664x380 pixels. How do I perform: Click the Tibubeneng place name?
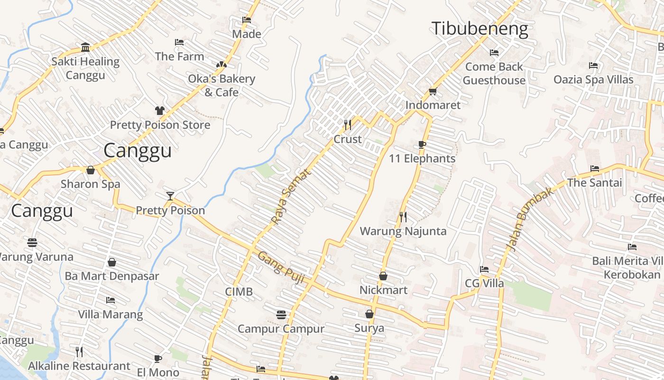click(x=479, y=29)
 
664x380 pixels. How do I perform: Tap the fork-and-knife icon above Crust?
click(x=348, y=125)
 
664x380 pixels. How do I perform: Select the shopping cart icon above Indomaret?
click(x=433, y=91)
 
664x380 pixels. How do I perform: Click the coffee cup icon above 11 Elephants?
click(x=422, y=144)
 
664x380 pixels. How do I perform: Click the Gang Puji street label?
click(x=281, y=267)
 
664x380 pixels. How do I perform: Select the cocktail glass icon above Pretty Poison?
click(x=170, y=196)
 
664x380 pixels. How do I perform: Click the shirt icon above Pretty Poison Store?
click(x=159, y=111)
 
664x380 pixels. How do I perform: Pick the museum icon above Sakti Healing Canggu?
click(x=85, y=47)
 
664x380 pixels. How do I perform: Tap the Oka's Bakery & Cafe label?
click(x=221, y=85)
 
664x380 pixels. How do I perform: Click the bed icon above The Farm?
click(x=179, y=42)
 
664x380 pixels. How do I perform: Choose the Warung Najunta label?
click(x=403, y=231)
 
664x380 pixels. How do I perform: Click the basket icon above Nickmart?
click(x=383, y=276)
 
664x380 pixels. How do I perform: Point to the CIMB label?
click(x=239, y=291)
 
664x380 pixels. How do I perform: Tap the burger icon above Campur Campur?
click(x=281, y=314)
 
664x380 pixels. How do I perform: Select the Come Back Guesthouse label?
click(x=494, y=74)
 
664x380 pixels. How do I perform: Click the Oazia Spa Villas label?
click(x=593, y=79)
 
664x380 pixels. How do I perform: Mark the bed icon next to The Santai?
click(x=595, y=169)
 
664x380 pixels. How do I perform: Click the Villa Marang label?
click(x=110, y=314)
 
